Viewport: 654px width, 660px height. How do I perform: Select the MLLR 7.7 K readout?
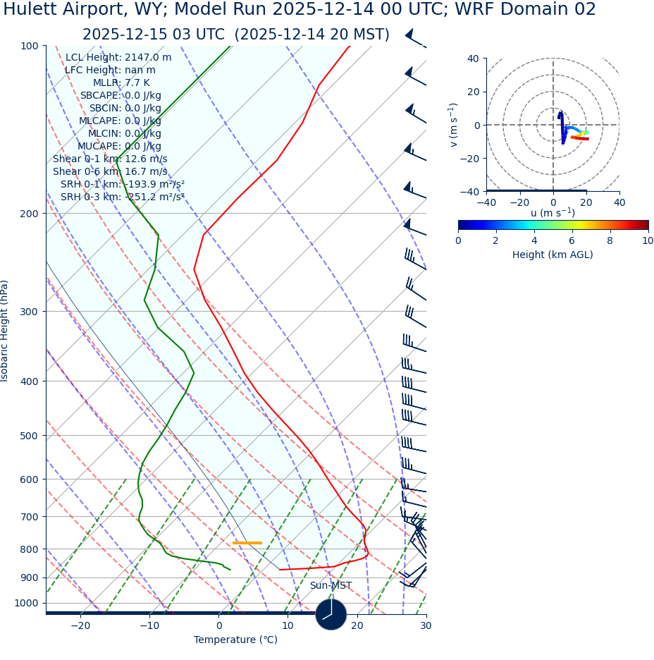(121, 82)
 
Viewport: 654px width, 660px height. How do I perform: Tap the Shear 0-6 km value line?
(110, 171)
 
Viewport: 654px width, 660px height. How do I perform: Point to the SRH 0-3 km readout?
(122, 197)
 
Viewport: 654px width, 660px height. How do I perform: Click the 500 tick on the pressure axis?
(30, 436)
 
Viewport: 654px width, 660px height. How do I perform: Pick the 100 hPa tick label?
(30, 46)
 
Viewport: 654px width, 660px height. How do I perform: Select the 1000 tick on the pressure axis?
(27, 603)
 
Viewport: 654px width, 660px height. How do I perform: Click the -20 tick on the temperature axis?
(80, 625)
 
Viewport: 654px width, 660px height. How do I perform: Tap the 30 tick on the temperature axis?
(426, 625)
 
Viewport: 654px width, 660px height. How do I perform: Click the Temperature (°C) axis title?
(235, 640)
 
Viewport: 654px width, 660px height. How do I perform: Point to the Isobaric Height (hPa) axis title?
(5, 331)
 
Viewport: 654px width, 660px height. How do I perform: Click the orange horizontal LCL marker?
(247, 543)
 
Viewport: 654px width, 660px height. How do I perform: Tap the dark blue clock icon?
(331, 614)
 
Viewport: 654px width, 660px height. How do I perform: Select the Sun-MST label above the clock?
(331, 586)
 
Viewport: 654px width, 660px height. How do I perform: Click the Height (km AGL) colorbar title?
(553, 255)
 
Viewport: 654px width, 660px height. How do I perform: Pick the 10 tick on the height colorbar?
(647, 240)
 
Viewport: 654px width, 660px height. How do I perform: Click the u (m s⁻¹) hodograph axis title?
(553, 213)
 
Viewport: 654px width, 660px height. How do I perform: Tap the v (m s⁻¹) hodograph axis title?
(453, 125)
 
